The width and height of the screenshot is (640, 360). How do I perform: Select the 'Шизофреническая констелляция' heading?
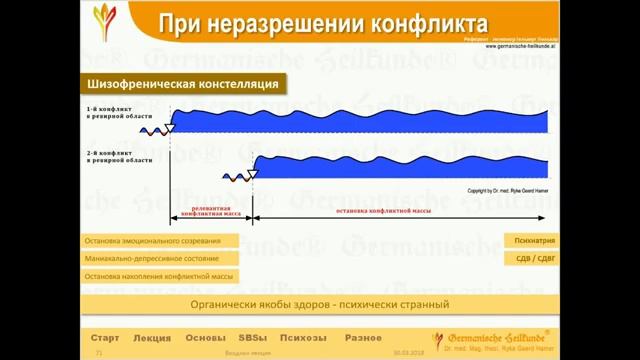(182, 83)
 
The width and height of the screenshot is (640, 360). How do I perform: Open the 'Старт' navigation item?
(105, 338)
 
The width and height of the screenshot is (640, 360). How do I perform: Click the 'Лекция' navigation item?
(152, 338)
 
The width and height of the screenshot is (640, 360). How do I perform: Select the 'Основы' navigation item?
(206, 338)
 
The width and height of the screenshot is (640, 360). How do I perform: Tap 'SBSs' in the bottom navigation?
(253, 338)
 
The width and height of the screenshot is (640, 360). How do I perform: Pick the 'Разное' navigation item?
(363, 338)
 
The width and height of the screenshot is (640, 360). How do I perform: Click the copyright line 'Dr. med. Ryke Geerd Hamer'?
(506, 190)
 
